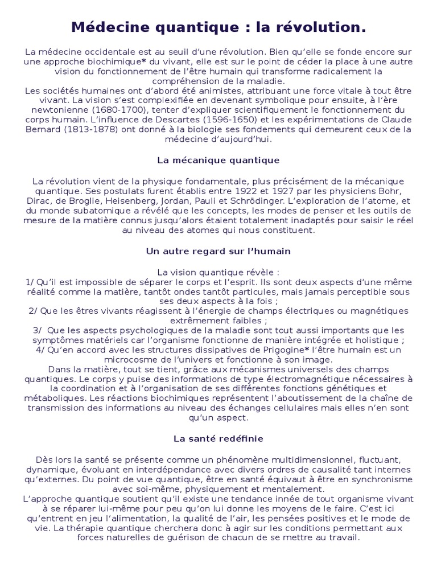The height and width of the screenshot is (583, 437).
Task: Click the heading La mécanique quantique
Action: tap(218, 160)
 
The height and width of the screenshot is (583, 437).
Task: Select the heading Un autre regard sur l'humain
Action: tap(218, 251)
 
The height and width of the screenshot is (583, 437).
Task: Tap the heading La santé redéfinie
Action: tap(218, 439)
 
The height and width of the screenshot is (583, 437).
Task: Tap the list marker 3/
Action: tap(37, 330)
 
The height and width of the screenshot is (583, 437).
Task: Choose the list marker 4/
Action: tap(41, 350)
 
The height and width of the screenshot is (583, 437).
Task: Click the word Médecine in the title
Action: tap(105, 27)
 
